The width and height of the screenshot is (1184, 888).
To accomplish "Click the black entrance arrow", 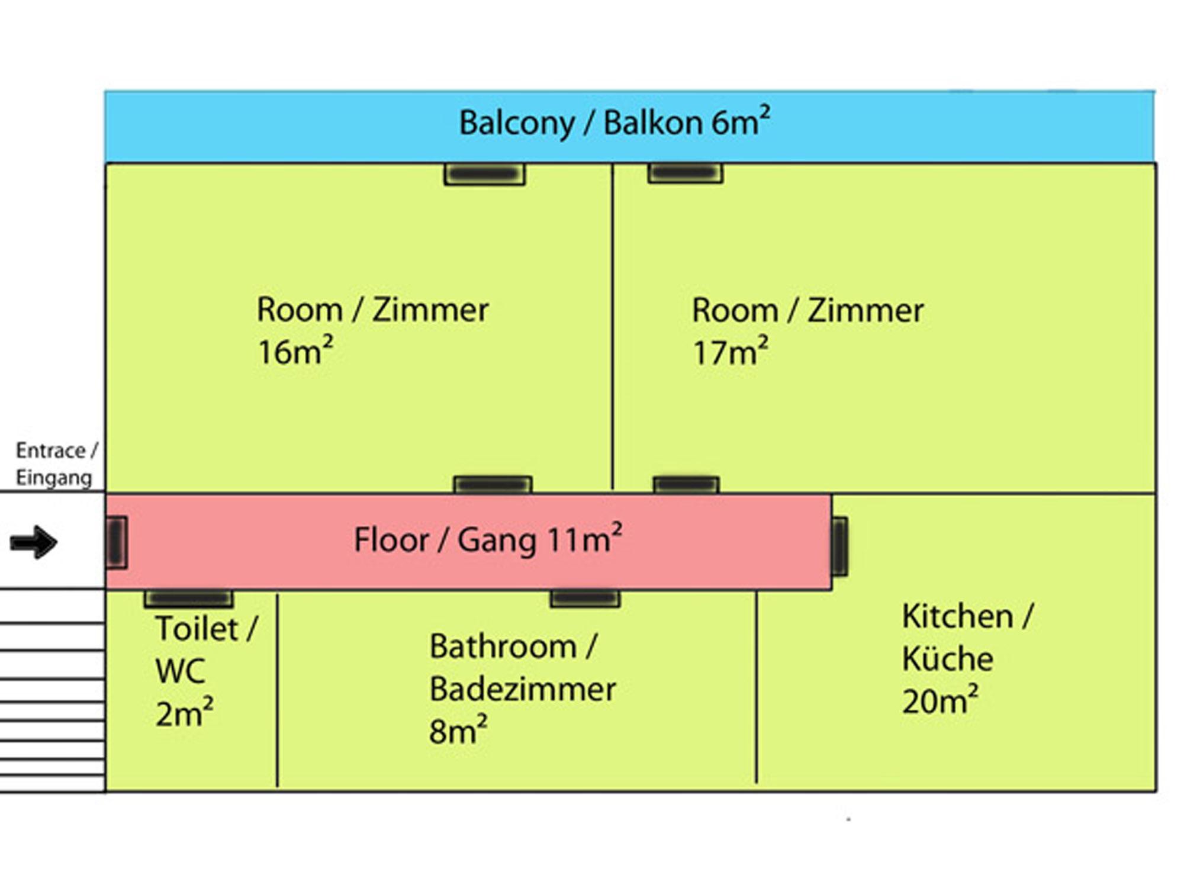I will (34, 542).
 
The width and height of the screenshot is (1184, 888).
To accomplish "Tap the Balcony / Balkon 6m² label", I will (614, 123).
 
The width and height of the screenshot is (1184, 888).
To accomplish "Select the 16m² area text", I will (295, 352).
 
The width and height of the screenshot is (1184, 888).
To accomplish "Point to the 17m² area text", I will (730, 352).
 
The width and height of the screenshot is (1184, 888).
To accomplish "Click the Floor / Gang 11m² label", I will (488, 540).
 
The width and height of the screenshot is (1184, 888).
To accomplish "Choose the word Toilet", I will (198, 629).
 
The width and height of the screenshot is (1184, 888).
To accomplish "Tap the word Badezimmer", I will (522, 689).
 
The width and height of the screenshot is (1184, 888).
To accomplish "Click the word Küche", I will (947, 659).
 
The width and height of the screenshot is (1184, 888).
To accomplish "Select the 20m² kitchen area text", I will (940, 702).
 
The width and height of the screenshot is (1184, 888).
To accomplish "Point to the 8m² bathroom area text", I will (458, 731).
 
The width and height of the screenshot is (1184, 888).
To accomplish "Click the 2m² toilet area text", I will (184, 713).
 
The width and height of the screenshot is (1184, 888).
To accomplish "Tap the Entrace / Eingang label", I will (56, 464).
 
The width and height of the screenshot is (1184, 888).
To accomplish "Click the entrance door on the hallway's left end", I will (117, 542).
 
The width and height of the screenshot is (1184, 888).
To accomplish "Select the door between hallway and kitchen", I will (839, 546).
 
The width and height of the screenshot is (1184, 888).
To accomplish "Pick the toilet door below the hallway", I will (189, 599).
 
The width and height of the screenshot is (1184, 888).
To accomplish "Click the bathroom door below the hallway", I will (585, 599).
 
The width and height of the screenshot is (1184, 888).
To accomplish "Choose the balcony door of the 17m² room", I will (685, 173).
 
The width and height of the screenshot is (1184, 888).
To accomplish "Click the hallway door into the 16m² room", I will (493, 485).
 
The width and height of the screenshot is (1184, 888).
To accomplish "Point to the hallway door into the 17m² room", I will (686, 485).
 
